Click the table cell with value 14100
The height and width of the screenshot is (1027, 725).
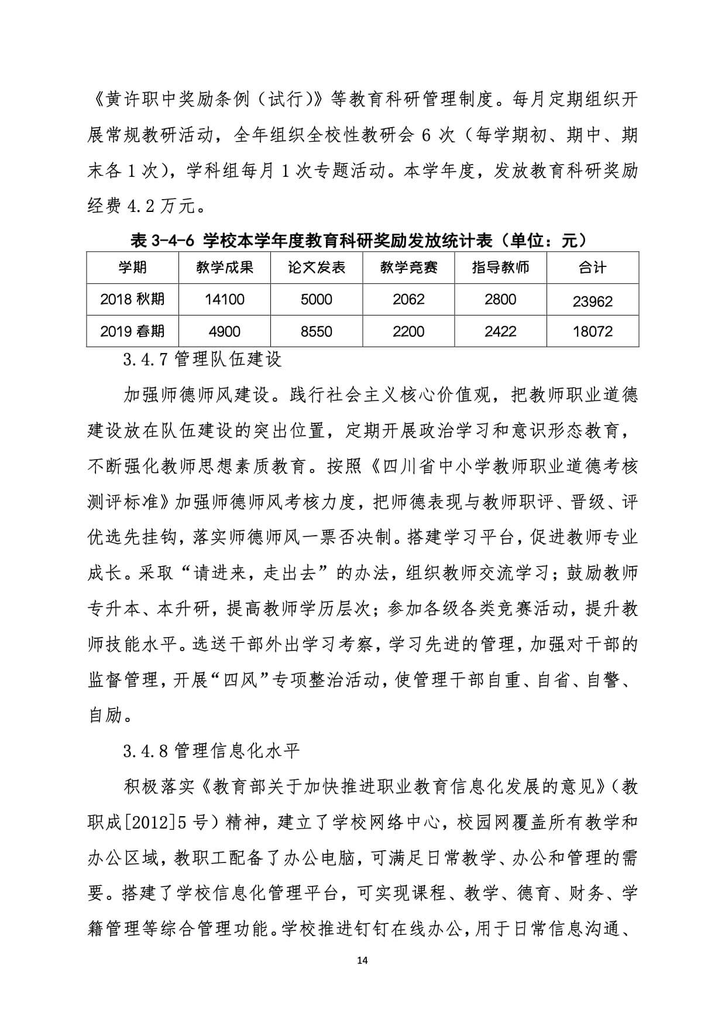click(x=225, y=300)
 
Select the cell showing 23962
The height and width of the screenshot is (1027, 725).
click(x=592, y=302)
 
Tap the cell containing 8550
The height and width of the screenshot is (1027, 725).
click(x=317, y=331)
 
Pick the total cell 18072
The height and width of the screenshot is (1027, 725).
click(x=592, y=331)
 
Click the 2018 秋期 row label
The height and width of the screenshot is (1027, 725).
click(x=132, y=300)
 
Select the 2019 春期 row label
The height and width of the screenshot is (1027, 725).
click(x=132, y=331)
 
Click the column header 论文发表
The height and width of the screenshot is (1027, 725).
click(x=317, y=268)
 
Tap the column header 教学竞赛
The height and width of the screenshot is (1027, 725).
click(x=408, y=268)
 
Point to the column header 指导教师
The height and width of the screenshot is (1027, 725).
click(x=500, y=268)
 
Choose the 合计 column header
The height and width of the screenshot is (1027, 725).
click(x=592, y=268)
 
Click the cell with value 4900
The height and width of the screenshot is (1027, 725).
click(x=225, y=331)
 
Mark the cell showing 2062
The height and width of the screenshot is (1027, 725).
click(x=408, y=300)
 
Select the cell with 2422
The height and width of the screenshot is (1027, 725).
click(x=500, y=331)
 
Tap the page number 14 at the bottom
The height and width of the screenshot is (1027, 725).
click(x=363, y=961)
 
